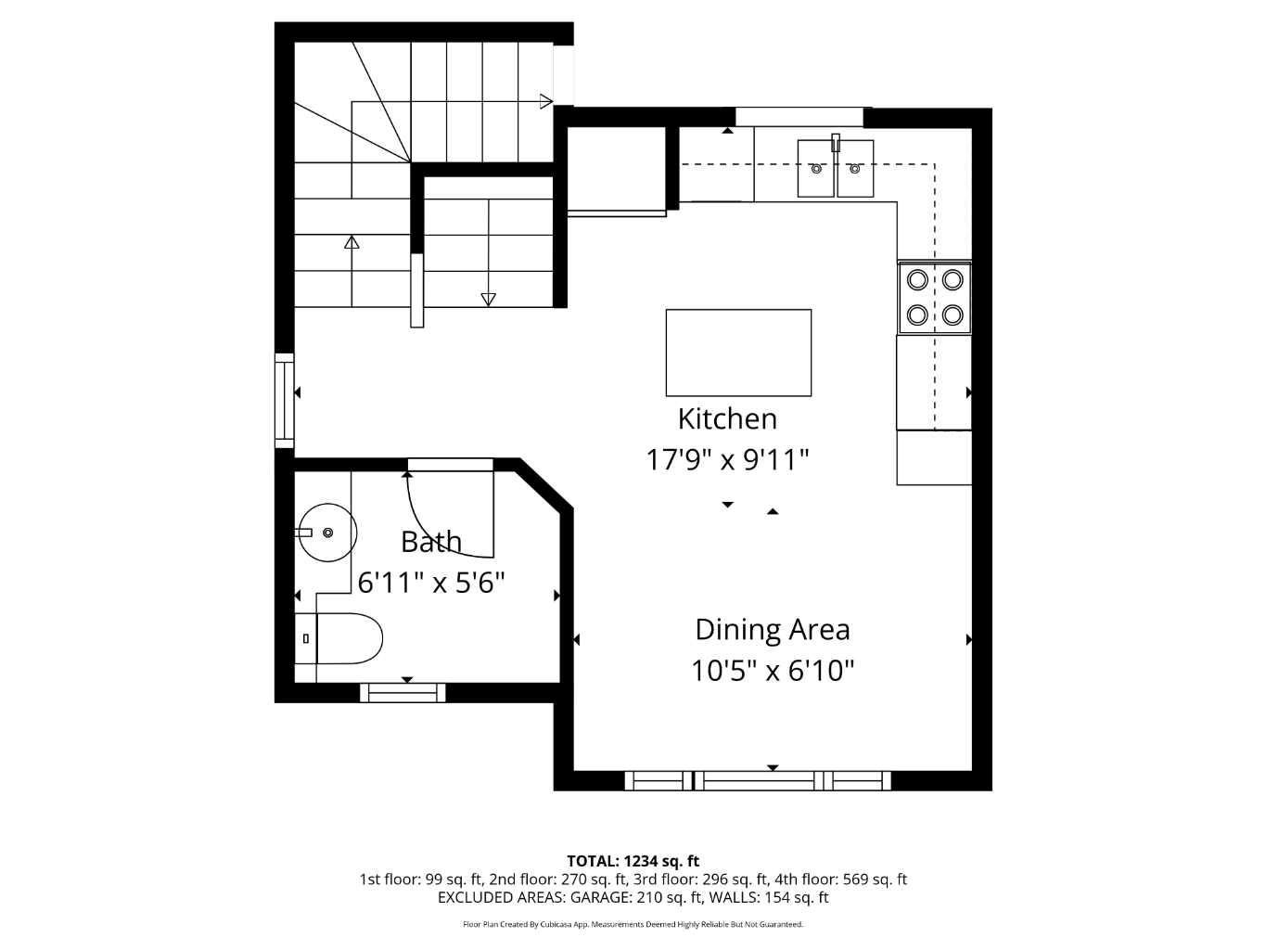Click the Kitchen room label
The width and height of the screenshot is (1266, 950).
[x=727, y=419]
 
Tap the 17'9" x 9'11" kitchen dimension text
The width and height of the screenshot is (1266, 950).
[x=727, y=459]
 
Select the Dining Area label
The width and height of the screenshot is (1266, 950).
[x=772, y=630]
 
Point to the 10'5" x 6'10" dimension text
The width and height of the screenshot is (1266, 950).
[x=772, y=670]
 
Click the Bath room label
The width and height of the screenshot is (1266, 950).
[x=431, y=542]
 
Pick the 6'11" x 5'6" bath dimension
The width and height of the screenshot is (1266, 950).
[x=431, y=583]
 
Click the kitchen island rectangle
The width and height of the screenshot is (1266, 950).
[x=738, y=353]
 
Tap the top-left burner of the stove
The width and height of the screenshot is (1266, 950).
[x=917, y=279]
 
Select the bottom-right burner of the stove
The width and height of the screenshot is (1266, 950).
[x=953, y=315]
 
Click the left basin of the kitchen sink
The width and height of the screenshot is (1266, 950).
[x=816, y=169]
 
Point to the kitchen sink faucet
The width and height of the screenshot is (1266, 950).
[x=835, y=143]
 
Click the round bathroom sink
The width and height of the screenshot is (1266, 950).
[x=327, y=533]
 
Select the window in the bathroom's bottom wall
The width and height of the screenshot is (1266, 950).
[x=403, y=692]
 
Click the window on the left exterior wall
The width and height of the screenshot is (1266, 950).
[x=284, y=400]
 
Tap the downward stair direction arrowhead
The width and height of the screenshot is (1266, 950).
[x=488, y=299]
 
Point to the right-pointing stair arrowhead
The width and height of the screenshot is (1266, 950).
[x=546, y=102]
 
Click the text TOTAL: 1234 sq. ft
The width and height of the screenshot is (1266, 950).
[x=633, y=861]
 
